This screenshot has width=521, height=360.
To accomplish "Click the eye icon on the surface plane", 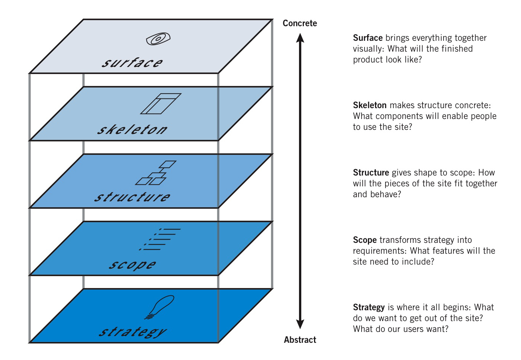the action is (x=158, y=39).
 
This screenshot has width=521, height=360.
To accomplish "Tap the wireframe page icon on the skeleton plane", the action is (x=161, y=104).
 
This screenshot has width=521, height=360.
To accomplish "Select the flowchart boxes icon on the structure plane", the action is (x=156, y=173).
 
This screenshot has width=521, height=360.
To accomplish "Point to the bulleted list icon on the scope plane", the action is (x=160, y=239).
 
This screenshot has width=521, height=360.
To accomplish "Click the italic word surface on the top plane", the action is (x=132, y=62).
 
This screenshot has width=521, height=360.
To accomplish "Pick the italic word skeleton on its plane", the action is (x=132, y=129).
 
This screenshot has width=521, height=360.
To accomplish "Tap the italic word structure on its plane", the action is (x=132, y=197).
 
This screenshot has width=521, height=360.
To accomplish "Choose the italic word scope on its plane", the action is (x=132, y=265).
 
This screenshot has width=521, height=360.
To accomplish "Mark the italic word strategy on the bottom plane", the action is (x=132, y=332).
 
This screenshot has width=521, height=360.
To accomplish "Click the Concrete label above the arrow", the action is (x=300, y=23).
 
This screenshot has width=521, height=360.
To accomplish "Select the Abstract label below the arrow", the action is (x=300, y=340).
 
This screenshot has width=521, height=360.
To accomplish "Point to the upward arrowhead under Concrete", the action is (x=300, y=38).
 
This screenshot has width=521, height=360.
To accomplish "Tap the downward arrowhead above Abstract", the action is (x=300, y=324).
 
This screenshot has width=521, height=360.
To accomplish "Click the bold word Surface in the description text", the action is (x=368, y=38).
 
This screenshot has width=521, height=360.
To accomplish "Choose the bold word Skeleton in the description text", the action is (x=370, y=105).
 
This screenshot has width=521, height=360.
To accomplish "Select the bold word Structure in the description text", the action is (x=371, y=173).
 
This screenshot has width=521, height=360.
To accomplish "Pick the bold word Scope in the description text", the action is (x=365, y=240).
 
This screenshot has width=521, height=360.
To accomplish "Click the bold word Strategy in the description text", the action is (x=369, y=308).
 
